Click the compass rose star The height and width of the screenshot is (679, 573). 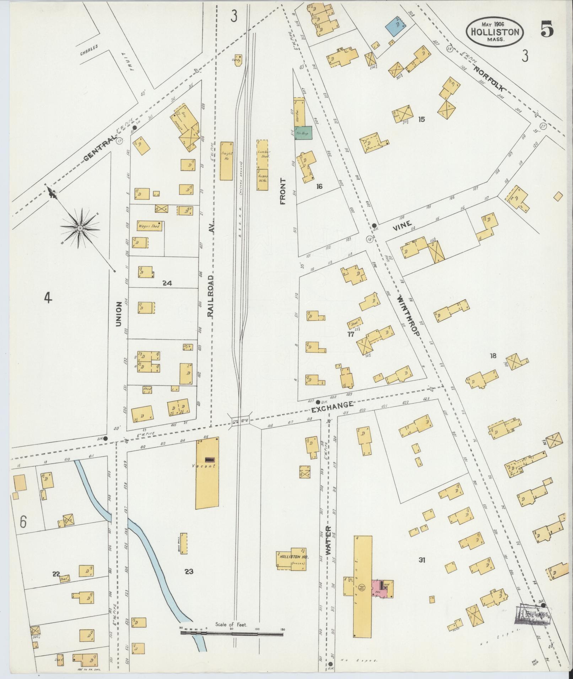point(80,228)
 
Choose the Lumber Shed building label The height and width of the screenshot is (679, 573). point(264,154)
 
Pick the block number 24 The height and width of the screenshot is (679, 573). point(167,283)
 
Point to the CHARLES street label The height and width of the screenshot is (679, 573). point(88,52)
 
